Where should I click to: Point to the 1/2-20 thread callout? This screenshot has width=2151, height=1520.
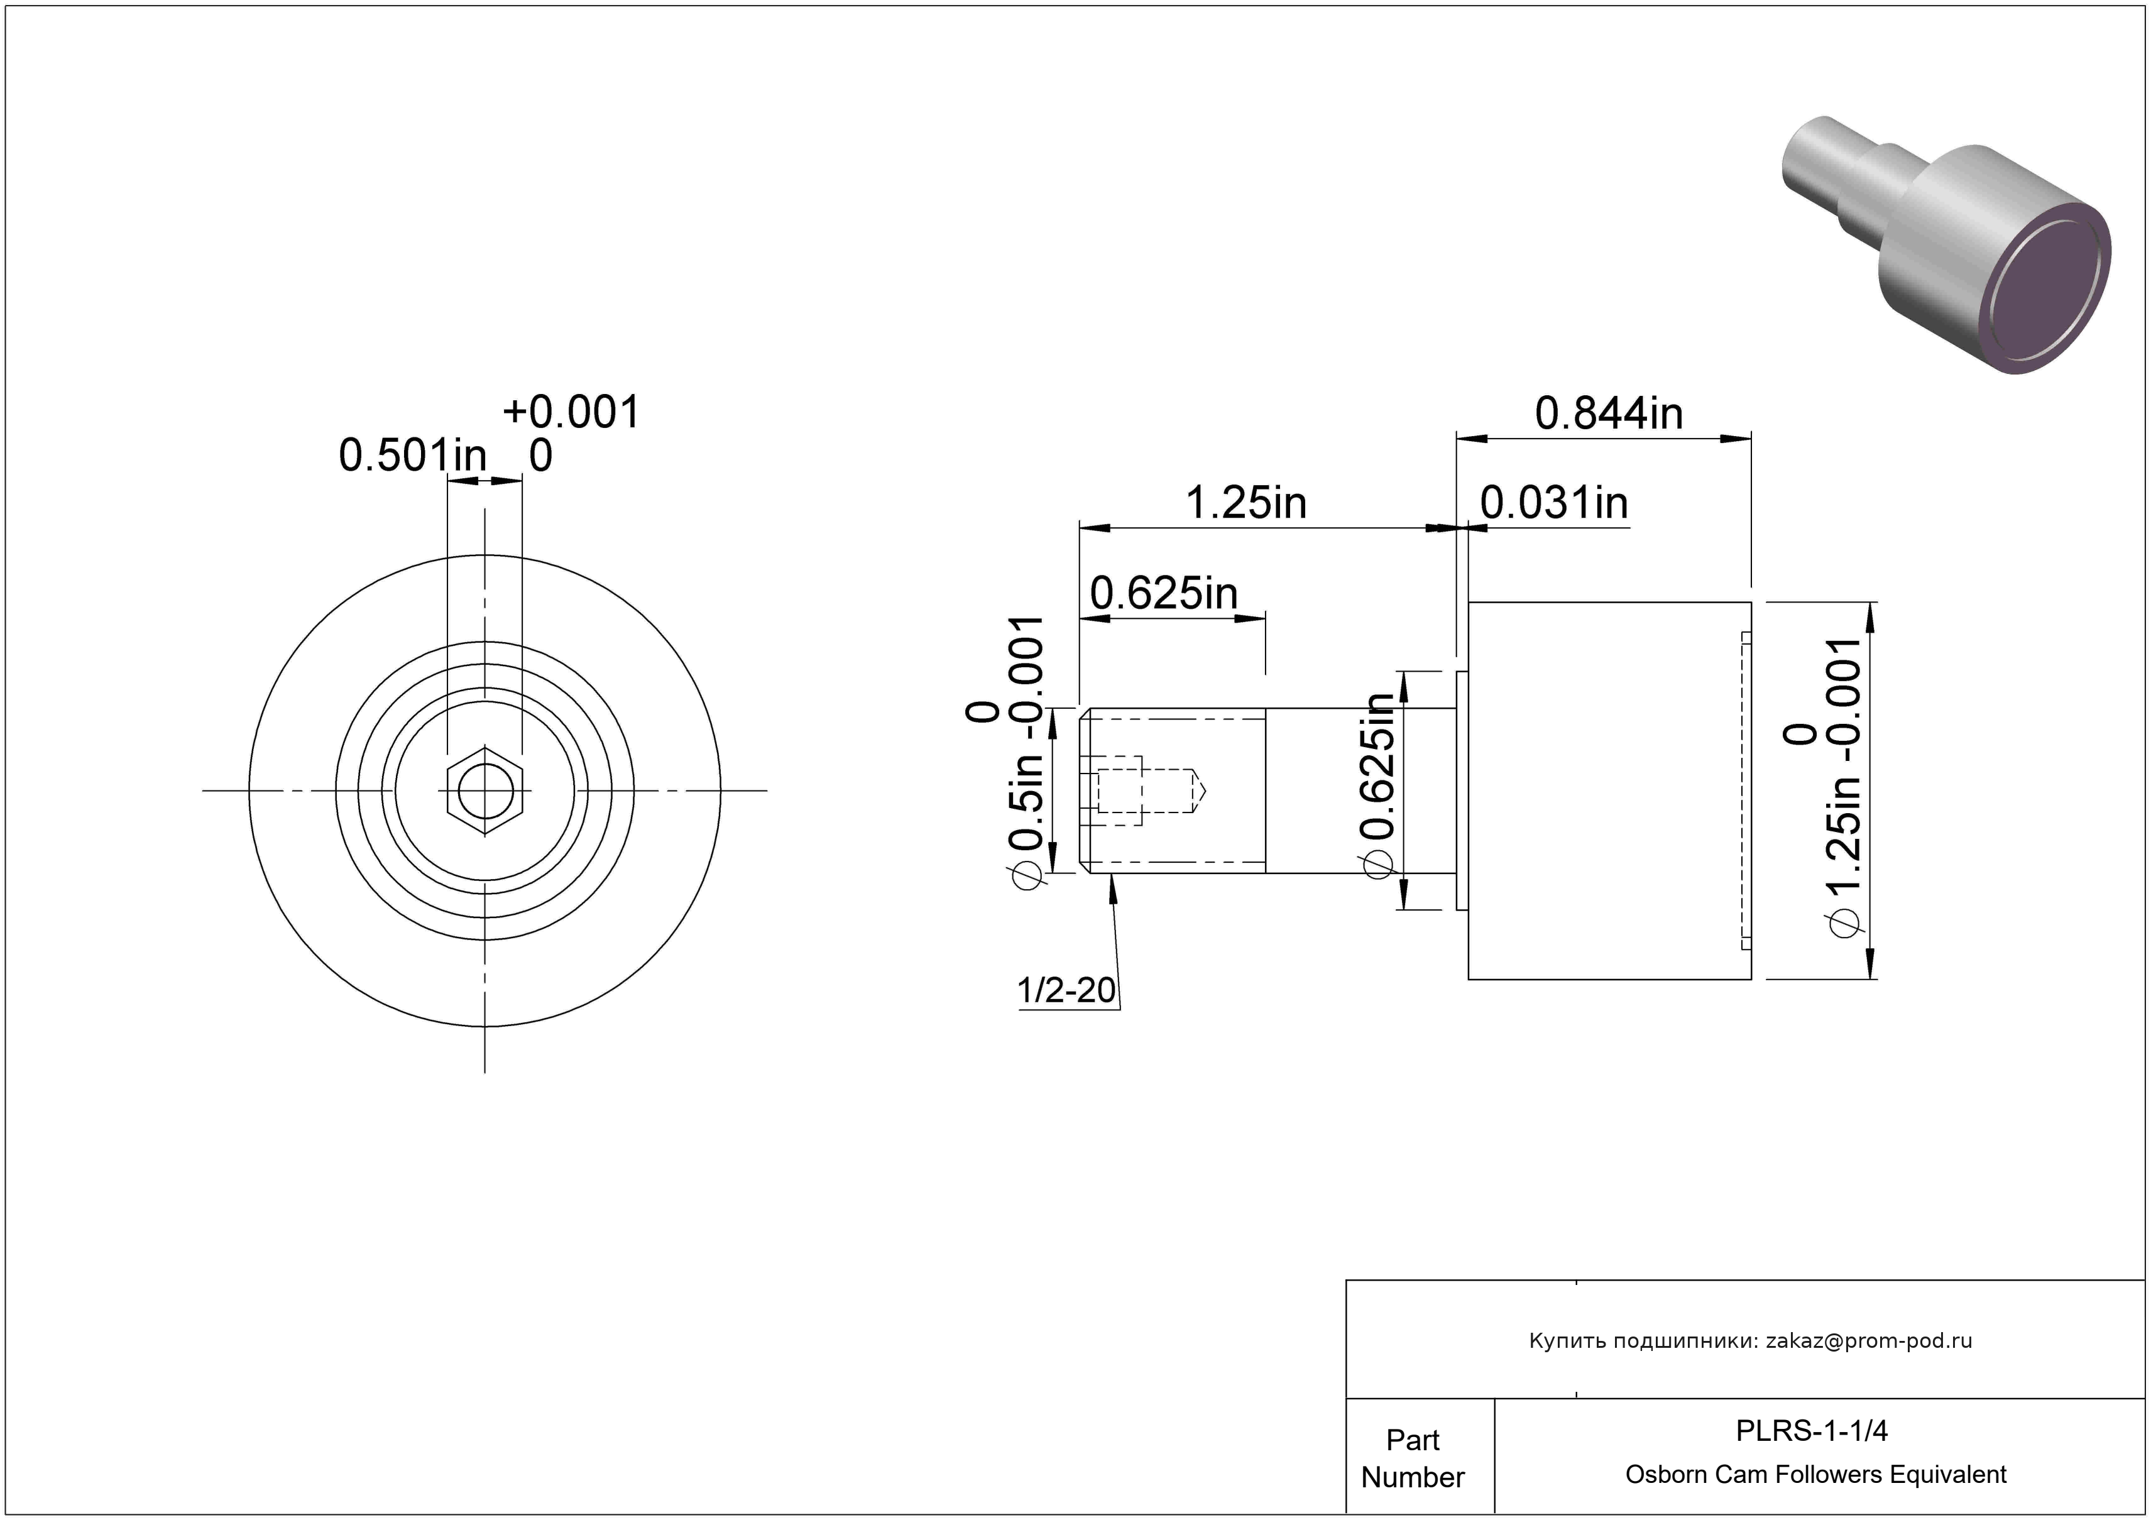[1066, 990]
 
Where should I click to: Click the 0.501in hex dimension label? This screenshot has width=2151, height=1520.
[413, 456]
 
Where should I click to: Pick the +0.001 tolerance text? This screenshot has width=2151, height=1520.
[571, 412]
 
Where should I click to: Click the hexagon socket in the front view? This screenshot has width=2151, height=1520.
[484, 790]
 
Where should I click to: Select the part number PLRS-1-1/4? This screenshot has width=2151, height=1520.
[1812, 1430]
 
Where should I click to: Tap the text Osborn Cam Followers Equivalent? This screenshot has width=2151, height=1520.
[1815, 1474]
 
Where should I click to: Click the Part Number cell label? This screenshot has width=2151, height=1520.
[1413, 1458]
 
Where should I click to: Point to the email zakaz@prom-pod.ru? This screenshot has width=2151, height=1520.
[1869, 1340]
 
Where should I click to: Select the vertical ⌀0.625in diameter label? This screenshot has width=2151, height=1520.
[1380, 787]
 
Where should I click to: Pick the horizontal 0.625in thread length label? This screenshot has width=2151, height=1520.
[1164, 593]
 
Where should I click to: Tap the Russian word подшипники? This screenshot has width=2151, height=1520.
[1673, 1341]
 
